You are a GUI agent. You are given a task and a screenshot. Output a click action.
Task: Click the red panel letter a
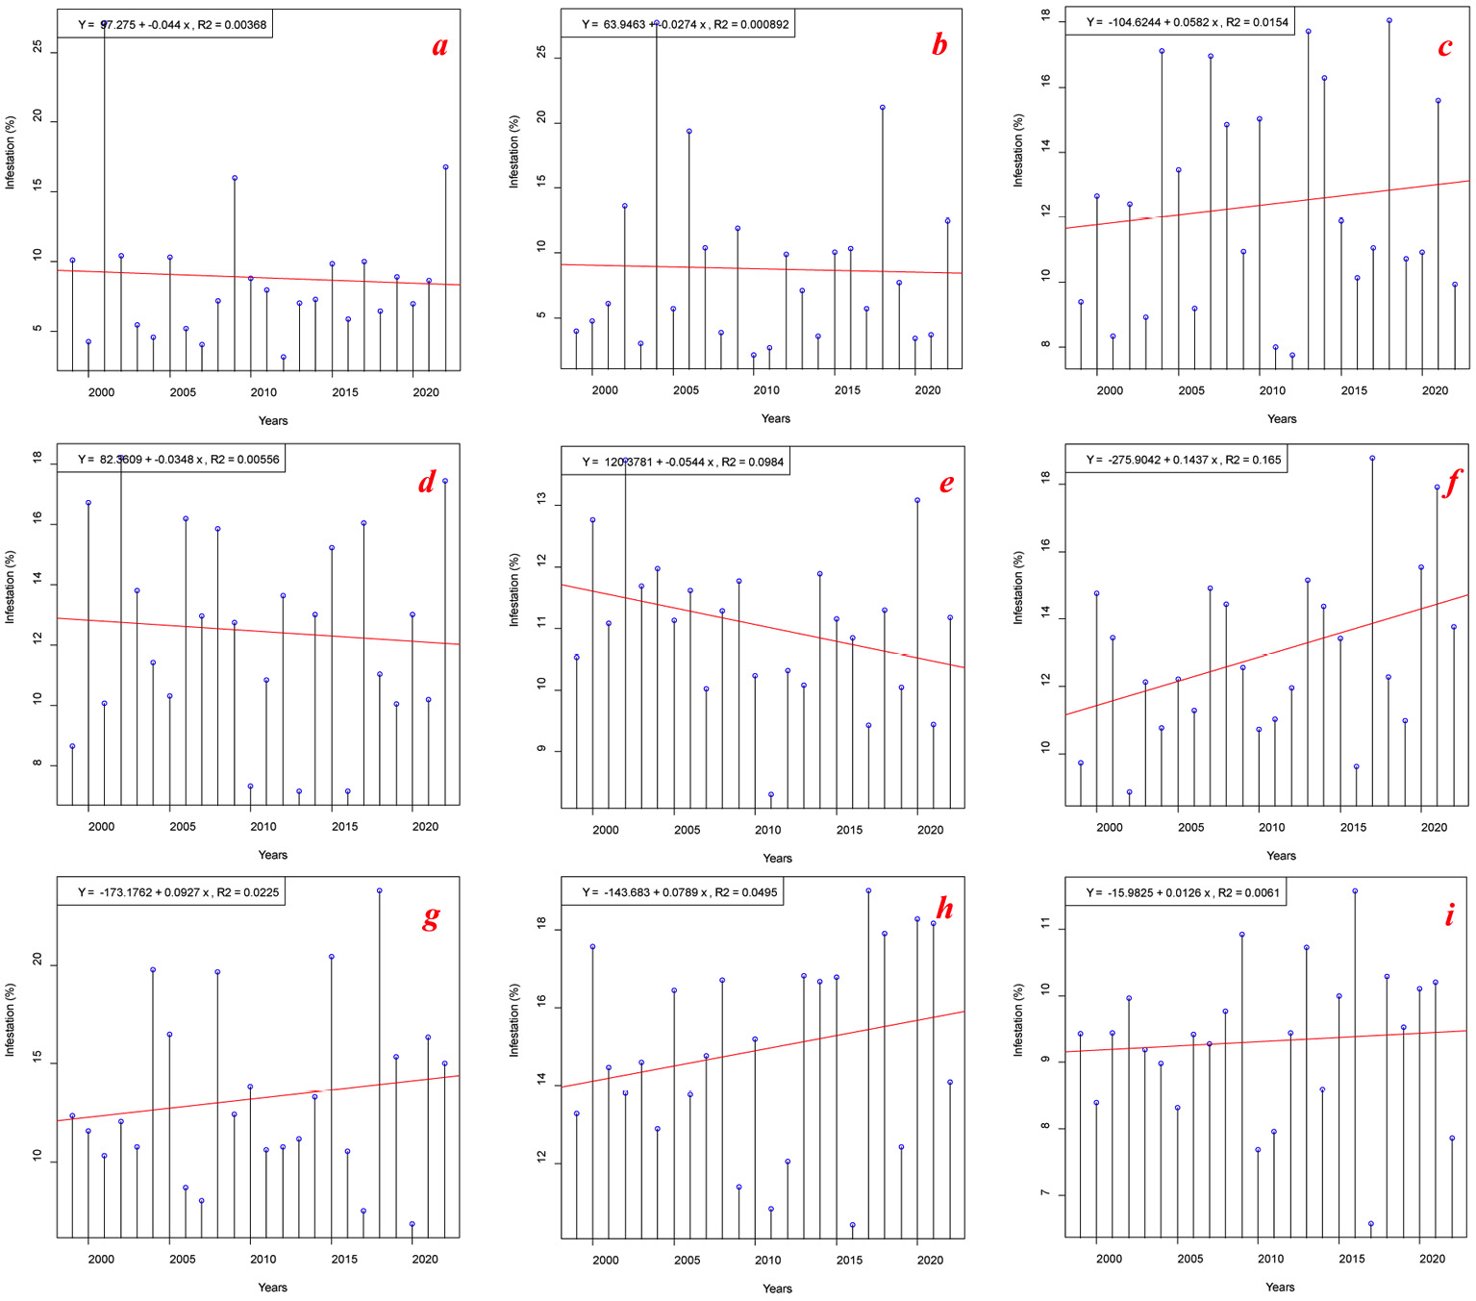[439, 46]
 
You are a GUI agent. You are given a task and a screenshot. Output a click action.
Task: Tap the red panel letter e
[947, 483]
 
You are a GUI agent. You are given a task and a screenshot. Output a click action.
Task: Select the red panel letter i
[1450, 914]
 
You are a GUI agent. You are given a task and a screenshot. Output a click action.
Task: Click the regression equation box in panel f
[1183, 460]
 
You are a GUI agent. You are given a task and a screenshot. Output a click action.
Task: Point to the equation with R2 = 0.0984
[682, 462]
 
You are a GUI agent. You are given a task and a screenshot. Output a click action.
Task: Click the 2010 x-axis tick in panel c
[1272, 390]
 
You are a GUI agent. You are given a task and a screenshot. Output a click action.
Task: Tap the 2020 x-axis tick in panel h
[930, 1260]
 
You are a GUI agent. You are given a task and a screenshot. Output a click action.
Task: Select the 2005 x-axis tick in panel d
[183, 826]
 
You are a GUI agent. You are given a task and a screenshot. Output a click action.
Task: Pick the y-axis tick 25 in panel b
[541, 53]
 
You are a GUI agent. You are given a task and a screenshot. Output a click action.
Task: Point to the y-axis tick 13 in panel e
[541, 500]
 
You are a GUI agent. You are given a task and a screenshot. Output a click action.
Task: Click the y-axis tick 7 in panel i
[1045, 1194]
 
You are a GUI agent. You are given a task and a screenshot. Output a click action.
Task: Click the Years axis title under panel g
[272, 1288]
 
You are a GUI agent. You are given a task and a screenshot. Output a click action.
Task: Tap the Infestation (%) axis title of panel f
[1018, 588]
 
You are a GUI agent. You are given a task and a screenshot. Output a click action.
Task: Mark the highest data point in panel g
[380, 890]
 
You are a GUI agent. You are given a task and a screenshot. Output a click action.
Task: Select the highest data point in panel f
[1372, 459]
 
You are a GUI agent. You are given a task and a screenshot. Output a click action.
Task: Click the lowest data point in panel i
[1371, 1224]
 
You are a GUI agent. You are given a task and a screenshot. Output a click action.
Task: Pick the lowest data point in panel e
[771, 795]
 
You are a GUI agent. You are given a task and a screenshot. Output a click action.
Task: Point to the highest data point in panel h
[868, 890]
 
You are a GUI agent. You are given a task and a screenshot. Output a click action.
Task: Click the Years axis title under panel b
[776, 418]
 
